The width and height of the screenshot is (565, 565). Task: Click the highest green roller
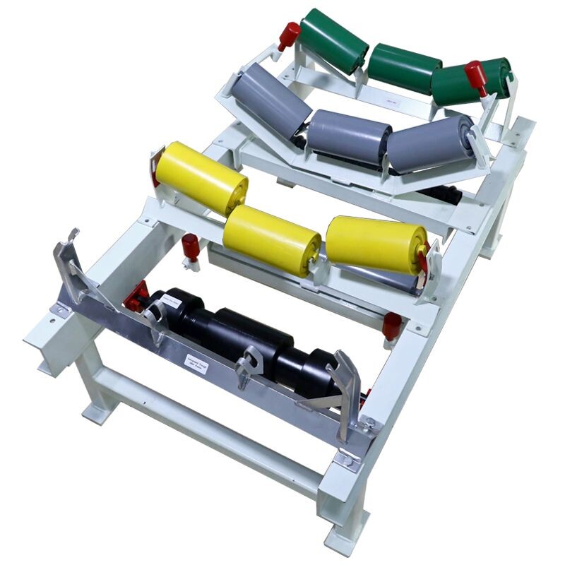(333, 40)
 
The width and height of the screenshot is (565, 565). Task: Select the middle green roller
(404, 68)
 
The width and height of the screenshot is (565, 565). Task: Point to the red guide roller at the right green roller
(476, 76)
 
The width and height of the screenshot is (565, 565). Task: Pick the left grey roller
(271, 101)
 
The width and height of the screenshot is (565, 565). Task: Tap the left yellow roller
(201, 177)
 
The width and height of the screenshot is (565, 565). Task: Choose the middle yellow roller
(272, 239)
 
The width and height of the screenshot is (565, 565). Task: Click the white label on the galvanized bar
(206, 359)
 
